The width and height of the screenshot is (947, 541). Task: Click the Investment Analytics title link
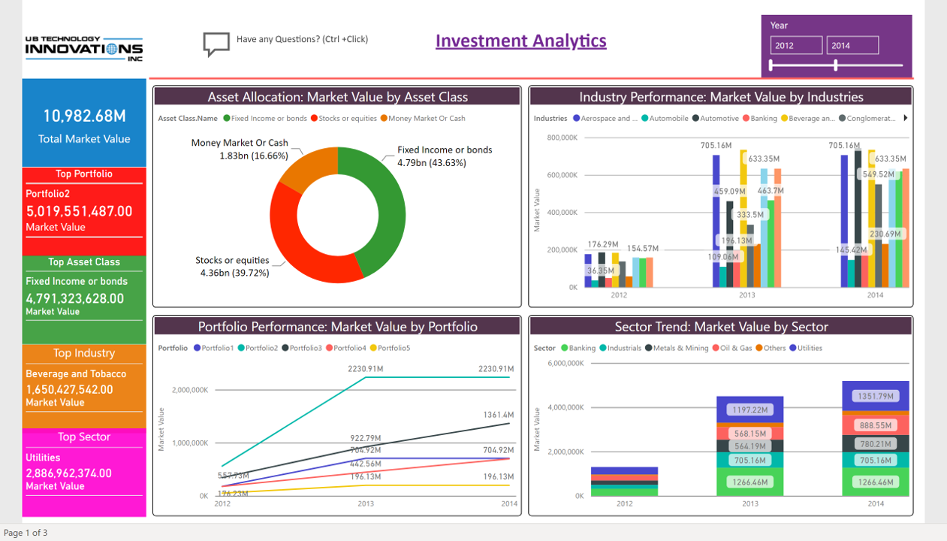(x=520, y=41)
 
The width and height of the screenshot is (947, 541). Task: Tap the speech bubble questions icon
(x=216, y=44)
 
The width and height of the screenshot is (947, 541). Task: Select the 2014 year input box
(x=852, y=46)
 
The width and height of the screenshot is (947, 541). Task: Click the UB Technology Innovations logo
(x=83, y=49)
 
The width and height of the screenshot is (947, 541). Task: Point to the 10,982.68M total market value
(x=84, y=116)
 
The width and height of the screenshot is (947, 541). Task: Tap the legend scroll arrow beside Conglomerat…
(x=906, y=118)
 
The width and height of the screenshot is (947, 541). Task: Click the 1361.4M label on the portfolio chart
(x=499, y=415)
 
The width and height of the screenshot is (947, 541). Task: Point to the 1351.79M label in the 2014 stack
(x=876, y=396)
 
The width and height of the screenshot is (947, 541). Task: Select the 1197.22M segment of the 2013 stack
(x=750, y=410)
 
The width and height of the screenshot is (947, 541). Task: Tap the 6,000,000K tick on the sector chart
(x=565, y=363)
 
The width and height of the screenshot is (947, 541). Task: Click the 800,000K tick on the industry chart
(x=562, y=138)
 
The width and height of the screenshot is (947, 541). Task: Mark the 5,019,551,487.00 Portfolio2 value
(x=79, y=211)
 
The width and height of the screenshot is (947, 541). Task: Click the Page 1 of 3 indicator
(x=26, y=533)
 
